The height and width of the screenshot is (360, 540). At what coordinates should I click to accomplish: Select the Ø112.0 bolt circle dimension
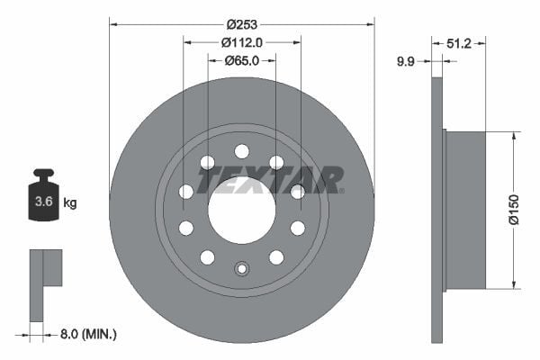(x=241, y=41)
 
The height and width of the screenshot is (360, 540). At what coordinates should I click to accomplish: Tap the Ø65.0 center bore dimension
(x=241, y=60)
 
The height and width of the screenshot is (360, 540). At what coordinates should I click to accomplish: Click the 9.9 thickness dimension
(x=408, y=61)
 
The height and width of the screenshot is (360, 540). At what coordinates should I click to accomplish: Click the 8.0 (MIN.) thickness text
(x=88, y=334)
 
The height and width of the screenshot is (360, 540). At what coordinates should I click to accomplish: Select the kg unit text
(x=70, y=203)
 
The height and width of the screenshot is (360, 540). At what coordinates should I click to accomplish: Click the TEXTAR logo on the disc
(x=270, y=180)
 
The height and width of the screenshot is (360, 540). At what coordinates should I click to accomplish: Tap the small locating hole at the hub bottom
(x=241, y=267)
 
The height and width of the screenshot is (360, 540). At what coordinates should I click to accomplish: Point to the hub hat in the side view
(x=465, y=210)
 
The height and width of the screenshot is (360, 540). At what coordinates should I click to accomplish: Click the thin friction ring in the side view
(x=438, y=210)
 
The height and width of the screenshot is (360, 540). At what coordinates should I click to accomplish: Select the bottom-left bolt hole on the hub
(x=207, y=257)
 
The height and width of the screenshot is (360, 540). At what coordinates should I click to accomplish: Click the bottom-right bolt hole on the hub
(x=276, y=257)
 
